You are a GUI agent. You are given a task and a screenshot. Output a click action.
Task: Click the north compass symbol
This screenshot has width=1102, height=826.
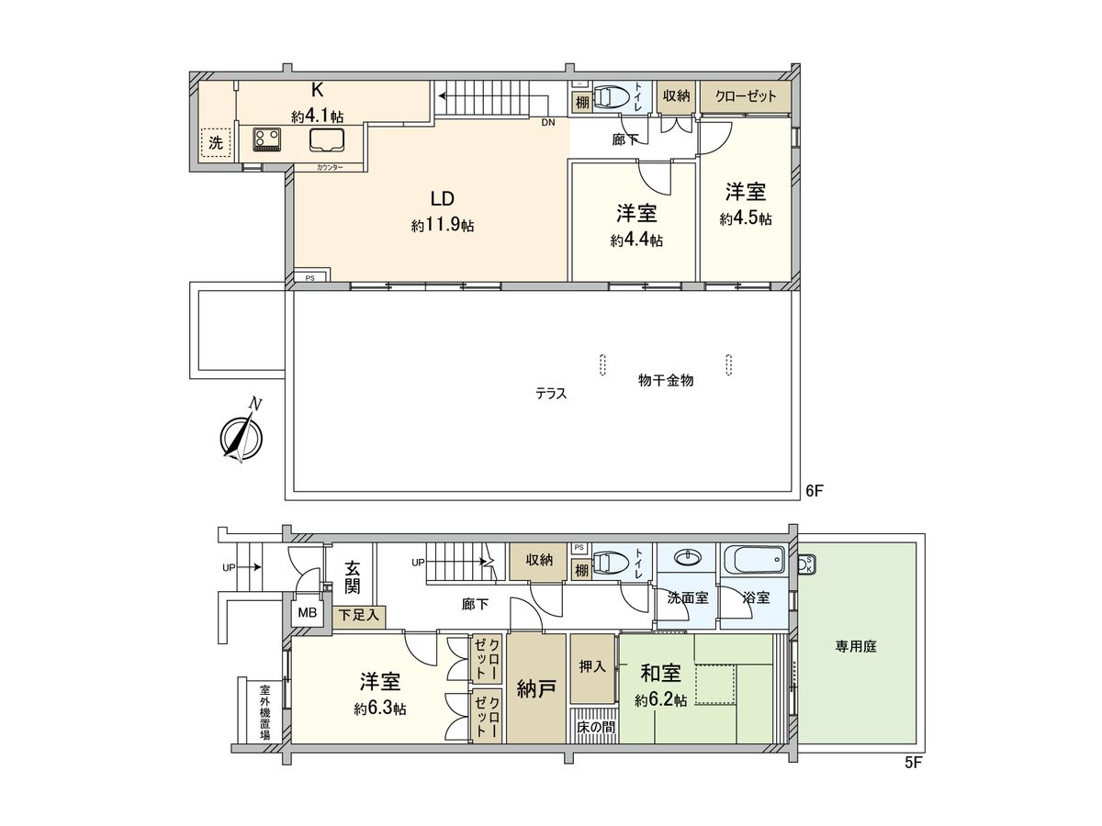242,436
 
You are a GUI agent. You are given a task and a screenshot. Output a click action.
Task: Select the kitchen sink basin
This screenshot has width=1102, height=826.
327,140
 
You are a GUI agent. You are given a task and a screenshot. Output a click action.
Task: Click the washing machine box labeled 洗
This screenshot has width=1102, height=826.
215,142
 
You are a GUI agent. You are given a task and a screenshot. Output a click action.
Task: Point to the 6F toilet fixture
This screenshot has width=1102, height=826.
613,97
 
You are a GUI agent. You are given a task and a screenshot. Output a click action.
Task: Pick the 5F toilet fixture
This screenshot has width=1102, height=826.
613,562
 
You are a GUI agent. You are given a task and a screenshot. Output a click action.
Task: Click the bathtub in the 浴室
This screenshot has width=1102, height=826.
753,559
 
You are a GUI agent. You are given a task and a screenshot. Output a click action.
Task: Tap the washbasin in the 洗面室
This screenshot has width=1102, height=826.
687,558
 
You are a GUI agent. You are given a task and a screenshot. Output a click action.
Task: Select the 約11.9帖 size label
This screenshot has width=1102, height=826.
443,225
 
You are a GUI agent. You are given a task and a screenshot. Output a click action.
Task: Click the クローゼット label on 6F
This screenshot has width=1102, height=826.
746,96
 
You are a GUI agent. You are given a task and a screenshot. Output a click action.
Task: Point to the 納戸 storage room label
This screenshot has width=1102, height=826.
536,688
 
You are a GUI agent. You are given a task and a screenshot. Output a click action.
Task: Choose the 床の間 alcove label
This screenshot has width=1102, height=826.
596,727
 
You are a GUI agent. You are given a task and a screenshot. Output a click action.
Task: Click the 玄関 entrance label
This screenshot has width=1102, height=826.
353,577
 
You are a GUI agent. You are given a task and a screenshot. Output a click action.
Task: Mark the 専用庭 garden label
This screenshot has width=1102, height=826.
856,646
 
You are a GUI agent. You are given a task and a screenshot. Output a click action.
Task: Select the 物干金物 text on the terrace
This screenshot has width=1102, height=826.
666,380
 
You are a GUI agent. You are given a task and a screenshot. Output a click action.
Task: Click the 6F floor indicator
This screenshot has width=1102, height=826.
815,491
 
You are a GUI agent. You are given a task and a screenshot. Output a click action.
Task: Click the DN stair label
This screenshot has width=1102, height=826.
547,122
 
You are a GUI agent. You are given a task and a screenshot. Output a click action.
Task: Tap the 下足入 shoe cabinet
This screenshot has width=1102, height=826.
358,616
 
